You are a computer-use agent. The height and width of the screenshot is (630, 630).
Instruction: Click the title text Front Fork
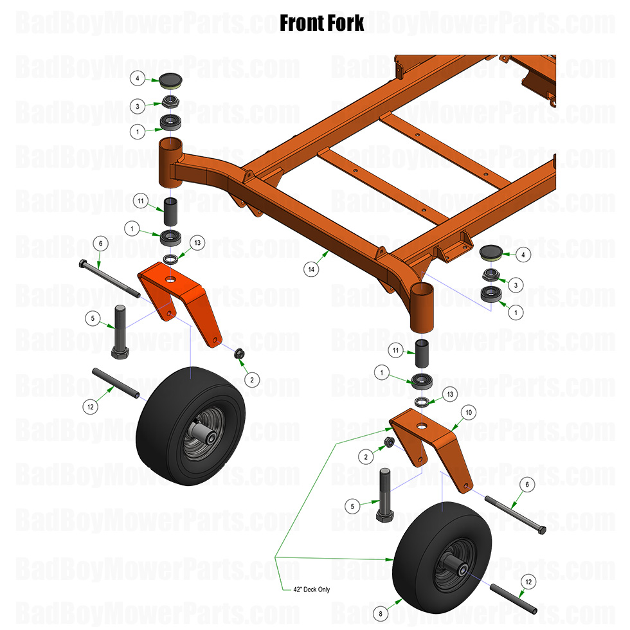pyautogui.click(x=322, y=23)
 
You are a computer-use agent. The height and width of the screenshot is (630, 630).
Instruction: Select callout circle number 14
pyautogui.click(x=312, y=270)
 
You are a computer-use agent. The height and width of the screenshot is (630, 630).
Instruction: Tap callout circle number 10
pyautogui.click(x=468, y=411)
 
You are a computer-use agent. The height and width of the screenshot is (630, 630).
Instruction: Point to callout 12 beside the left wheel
pyautogui.click(x=91, y=406)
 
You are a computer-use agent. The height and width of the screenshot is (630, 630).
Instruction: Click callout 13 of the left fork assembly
pyautogui.click(x=197, y=242)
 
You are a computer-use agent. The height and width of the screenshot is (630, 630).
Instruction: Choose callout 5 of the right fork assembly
pyautogui.click(x=352, y=506)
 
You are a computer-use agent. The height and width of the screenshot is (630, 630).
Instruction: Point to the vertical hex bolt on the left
pyautogui.click(x=120, y=331)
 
